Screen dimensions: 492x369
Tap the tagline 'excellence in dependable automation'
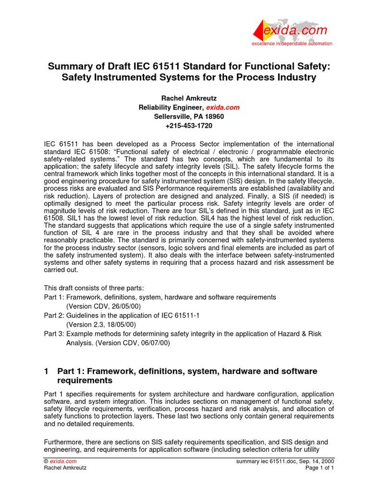(x=292, y=44)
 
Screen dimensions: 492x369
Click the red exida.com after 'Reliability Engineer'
(x=222, y=108)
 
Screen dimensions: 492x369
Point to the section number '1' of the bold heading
(x=46, y=371)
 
